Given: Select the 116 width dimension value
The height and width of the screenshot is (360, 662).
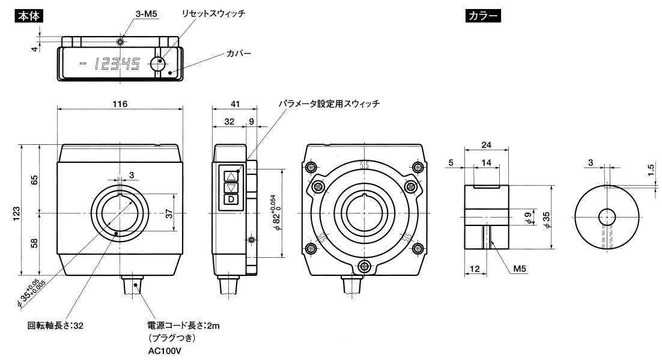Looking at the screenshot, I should (120, 104).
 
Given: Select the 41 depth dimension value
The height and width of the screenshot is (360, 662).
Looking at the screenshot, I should (235, 104).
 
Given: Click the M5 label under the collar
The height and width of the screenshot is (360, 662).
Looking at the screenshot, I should (520, 270).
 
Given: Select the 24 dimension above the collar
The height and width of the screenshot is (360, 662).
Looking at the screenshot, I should (487, 145).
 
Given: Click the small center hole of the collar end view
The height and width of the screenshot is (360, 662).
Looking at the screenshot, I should (607, 215).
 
